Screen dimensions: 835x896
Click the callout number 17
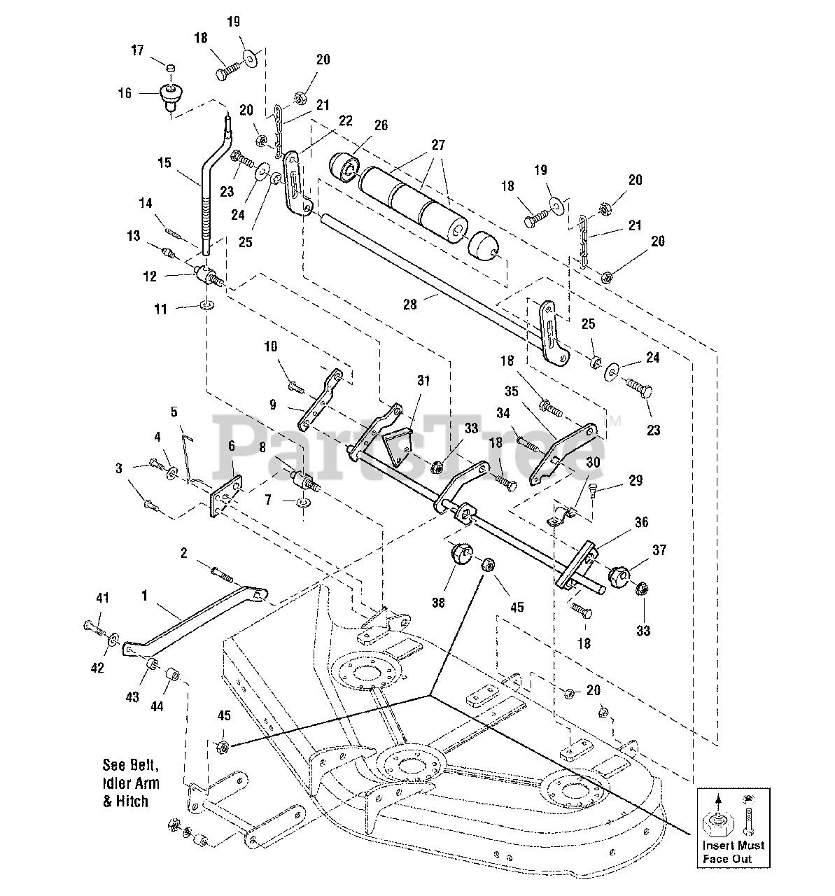[x=137, y=50]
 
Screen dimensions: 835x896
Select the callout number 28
[x=409, y=305]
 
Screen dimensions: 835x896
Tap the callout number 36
[x=642, y=522]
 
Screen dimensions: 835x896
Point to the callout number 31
[x=423, y=380]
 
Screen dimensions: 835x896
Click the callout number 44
[x=157, y=705]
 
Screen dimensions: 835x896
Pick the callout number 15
[x=164, y=162]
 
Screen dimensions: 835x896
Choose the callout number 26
[x=381, y=125]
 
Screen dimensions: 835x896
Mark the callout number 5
[x=174, y=412]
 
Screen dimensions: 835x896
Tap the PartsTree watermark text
[x=408, y=447]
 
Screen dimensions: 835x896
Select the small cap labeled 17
[x=170, y=68]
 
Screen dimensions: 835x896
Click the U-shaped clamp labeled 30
[x=561, y=516]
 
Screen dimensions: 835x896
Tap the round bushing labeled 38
[x=460, y=553]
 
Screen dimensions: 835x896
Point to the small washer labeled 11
[x=207, y=305]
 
